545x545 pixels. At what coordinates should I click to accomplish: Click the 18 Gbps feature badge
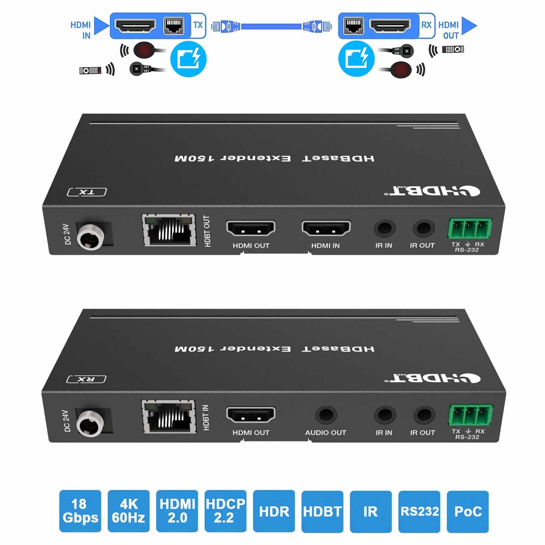pyautogui.click(x=80, y=511)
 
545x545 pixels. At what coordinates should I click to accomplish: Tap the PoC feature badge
pyautogui.click(x=468, y=511)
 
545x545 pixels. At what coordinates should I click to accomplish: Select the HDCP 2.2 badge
pyautogui.click(x=225, y=511)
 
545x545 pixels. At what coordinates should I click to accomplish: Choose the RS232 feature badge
pyautogui.click(x=419, y=511)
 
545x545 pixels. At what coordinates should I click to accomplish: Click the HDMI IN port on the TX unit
pyautogui.click(x=326, y=228)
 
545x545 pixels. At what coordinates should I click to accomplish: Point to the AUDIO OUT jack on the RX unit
pyautogui.click(x=326, y=415)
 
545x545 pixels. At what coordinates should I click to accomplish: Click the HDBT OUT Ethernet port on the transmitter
pyautogui.click(x=169, y=231)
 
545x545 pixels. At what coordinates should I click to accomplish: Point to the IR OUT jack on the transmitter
pyautogui.click(x=423, y=229)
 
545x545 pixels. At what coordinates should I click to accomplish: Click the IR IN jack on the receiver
pyautogui.click(x=385, y=415)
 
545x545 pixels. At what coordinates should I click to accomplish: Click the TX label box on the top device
pyautogui.click(x=87, y=192)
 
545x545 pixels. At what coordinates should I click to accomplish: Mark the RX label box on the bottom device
pyautogui.click(x=86, y=379)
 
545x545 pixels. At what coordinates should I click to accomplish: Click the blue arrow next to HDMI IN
pyautogui.click(x=101, y=26)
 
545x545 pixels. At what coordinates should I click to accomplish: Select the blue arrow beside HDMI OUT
pyautogui.click(x=469, y=26)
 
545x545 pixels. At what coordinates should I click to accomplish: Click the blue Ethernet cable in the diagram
pyautogui.click(x=271, y=26)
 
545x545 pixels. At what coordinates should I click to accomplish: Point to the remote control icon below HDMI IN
pyautogui.click(x=90, y=70)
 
